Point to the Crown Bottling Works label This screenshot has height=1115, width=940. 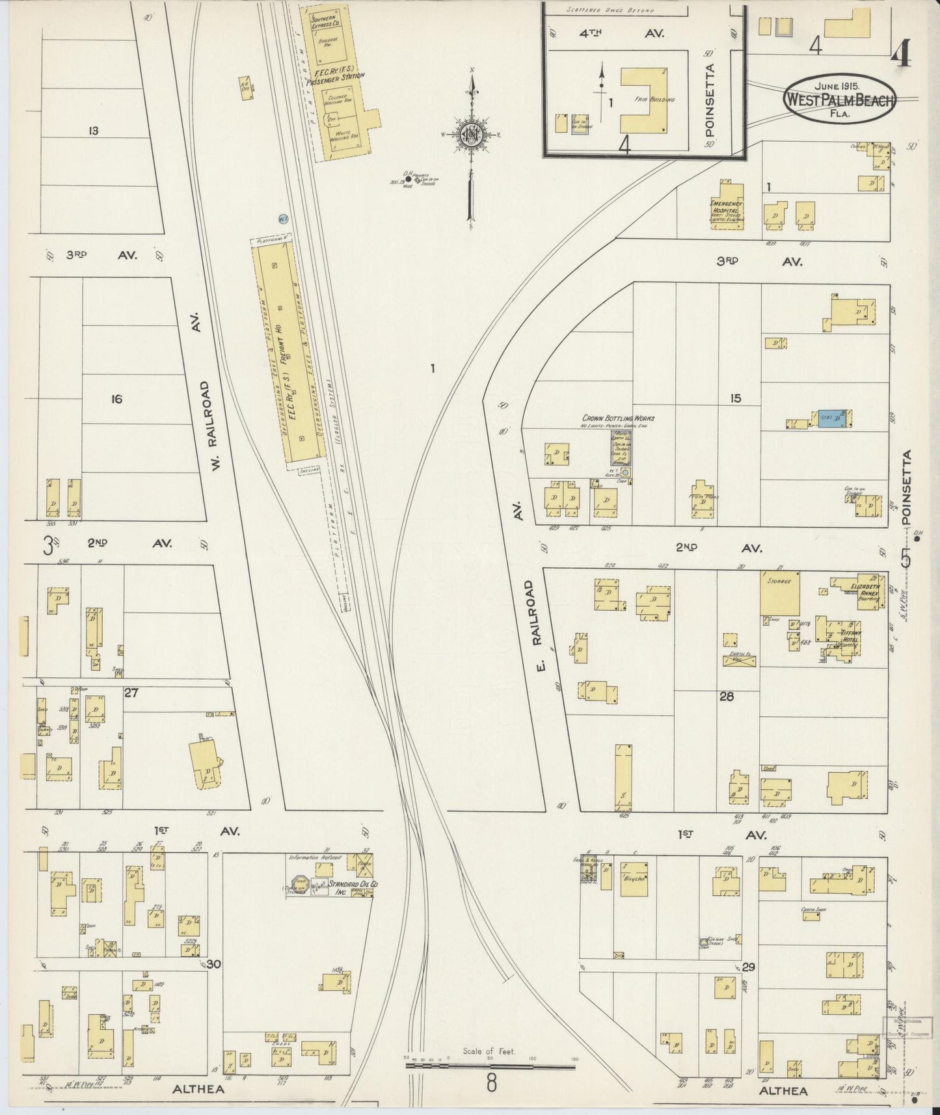click(x=618, y=418)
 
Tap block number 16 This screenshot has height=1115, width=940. click(x=116, y=399)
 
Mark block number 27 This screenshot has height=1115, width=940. click(x=131, y=693)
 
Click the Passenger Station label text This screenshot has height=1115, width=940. click(x=336, y=79)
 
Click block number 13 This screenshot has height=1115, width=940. click(x=93, y=131)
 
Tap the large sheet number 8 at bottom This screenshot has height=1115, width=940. click(x=491, y=1083)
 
